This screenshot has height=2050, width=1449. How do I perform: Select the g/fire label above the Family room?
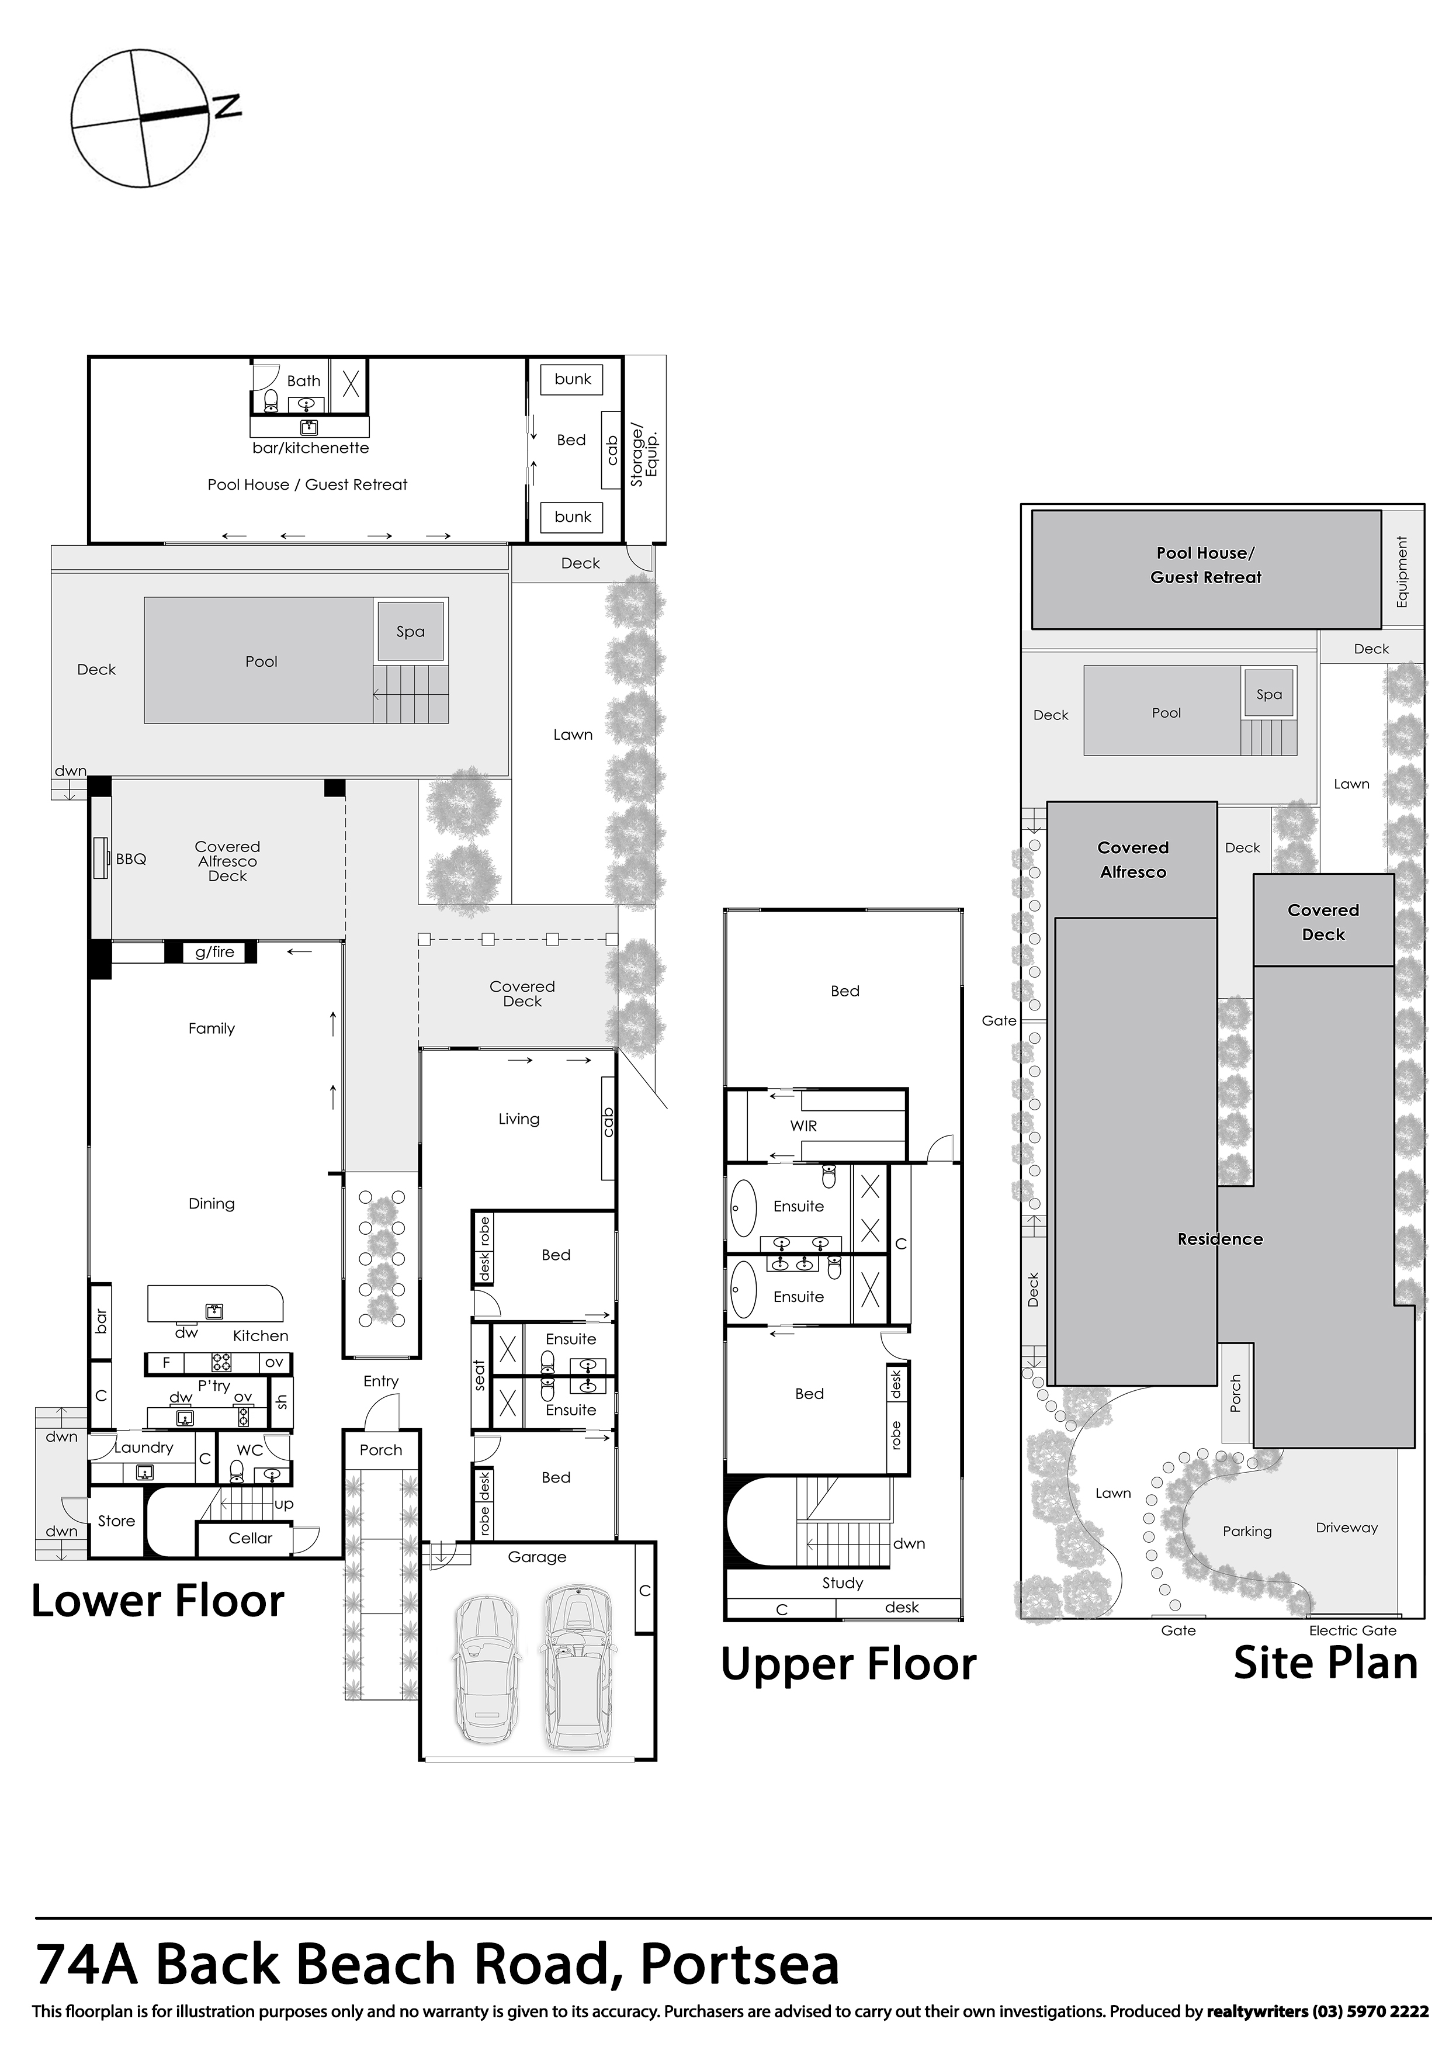point(214,952)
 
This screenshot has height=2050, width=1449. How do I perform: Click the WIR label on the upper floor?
point(803,1126)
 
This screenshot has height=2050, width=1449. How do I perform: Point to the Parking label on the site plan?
point(1246,1531)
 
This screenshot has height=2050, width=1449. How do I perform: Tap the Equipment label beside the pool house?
point(1402,572)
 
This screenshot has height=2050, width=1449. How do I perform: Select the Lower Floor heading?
point(158,1601)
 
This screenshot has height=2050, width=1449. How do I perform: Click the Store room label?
point(116,1521)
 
